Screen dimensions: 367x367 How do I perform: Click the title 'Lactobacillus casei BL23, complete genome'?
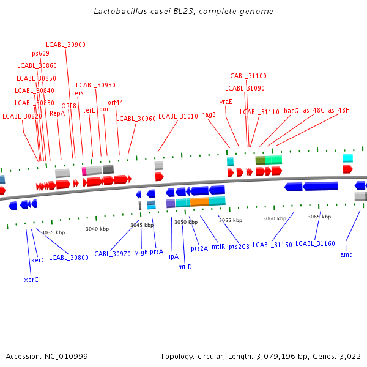[x=183, y=12]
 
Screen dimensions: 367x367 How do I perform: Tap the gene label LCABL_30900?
[x=65, y=45]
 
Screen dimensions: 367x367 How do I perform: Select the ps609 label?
[x=40, y=53]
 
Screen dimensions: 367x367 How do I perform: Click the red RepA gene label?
[x=57, y=113]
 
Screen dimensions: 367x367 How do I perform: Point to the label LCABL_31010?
[x=178, y=116]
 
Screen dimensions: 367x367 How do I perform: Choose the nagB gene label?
[x=209, y=114]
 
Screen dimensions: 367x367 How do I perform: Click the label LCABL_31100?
[x=247, y=76]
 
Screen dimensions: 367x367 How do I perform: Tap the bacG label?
[x=291, y=111]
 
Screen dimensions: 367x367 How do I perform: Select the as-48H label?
[x=339, y=111]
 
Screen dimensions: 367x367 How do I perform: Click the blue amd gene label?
[x=346, y=254]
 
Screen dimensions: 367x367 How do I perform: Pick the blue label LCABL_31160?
[x=315, y=243]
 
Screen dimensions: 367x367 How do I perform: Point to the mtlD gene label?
[x=185, y=267]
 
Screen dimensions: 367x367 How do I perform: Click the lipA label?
[x=172, y=257]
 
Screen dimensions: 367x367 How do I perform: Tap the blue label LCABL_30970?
[x=111, y=254]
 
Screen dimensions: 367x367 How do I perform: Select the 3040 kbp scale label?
[x=97, y=229]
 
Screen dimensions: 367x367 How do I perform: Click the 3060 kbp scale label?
[x=275, y=218]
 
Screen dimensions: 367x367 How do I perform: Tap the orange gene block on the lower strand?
[x=199, y=201]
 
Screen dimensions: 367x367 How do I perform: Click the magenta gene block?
[x=84, y=171]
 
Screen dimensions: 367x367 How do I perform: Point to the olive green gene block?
[x=260, y=160]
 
